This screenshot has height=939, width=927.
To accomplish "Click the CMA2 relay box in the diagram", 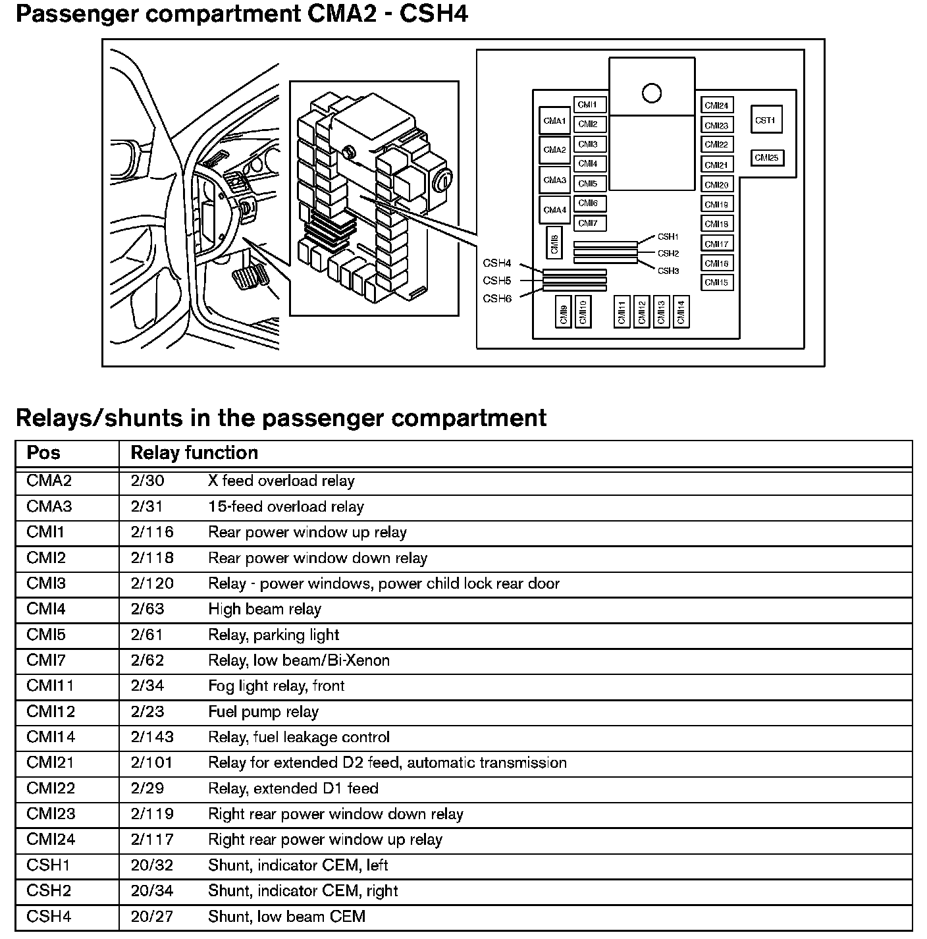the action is tap(554, 150).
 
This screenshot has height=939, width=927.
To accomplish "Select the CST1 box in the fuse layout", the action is tap(766, 121).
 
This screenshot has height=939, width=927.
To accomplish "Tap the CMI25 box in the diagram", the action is tap(766, 158).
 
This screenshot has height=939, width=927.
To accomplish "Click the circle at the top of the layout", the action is tap(652, 94).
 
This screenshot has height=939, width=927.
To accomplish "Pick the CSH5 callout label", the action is tap(497, 281).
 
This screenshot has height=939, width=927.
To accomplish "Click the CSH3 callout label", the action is tap(668, 271).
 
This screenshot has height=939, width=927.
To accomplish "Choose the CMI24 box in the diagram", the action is tap(716, 105).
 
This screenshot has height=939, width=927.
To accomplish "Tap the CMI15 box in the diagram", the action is tap(716, 282).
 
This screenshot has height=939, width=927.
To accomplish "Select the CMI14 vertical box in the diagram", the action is tap(681, 311).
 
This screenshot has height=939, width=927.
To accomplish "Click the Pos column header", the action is tap(43, 453).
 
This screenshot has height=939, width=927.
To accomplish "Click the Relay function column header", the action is tap(194, 453).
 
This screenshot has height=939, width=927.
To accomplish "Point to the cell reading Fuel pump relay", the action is tap(263, 712).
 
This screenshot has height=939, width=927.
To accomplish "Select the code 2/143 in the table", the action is tap(151, 738).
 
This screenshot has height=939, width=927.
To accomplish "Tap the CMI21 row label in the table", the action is tap(50, 763).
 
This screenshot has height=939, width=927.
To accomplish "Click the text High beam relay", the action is tap(265, 609).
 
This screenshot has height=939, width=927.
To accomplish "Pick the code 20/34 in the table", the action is tap(151, 891).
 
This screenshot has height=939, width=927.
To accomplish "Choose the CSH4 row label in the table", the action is tap(49, 917).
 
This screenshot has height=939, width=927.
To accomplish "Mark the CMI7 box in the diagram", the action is tap(588, 224).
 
